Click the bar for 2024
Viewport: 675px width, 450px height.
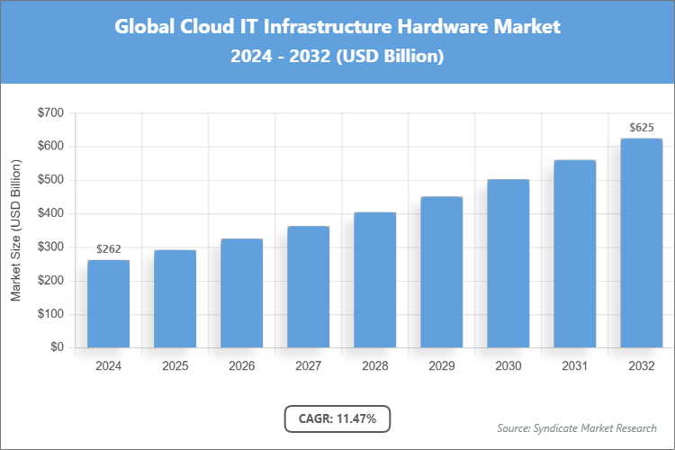(x=108, y=304)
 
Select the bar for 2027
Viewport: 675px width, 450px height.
(x=308, y=287)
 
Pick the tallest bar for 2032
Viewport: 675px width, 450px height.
(x=641, y=243)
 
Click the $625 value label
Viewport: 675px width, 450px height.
(x=641, y=128)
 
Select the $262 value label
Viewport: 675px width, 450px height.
(x=108, y=249)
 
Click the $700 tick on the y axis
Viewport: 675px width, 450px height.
(x=50, y=112)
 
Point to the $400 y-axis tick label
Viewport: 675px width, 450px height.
(x=50, y=214)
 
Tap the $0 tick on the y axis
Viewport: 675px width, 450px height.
(x=57, y=348)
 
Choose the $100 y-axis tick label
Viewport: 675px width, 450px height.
(x=50, y=315)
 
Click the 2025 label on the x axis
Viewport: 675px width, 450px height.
(x=175, y=366)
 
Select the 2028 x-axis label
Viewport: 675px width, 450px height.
(x=374, y=366)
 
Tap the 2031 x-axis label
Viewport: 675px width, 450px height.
(x=574, y=366)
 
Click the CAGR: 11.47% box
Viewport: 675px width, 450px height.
(x=337, y=418)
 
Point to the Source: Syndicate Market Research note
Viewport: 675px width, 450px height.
(x=577, y=427)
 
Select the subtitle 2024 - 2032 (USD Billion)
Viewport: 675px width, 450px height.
(x=337, y=56)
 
